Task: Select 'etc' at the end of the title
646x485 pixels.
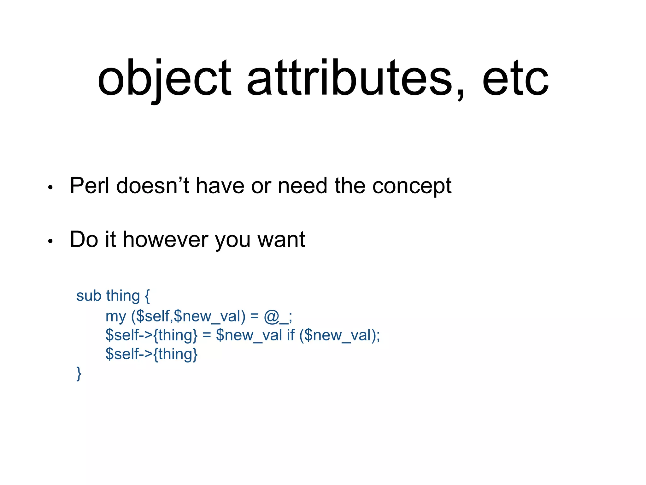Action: [515, 79]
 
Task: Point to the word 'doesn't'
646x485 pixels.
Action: [153, 186]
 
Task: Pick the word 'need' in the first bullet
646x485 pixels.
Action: [302, 186]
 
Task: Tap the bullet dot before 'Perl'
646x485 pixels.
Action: [50, 188]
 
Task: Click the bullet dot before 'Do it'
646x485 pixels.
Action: [50, 242]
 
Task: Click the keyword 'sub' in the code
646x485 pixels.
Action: [89, 296]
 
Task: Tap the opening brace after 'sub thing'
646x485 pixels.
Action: [147, 296]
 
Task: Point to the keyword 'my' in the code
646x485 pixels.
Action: [115, 316]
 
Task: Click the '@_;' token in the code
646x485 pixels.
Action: [278, 316]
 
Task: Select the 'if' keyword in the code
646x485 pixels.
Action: [291, 335]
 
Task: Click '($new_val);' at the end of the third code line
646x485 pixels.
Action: [340, 335]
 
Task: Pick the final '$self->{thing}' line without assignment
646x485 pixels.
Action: [151, 354]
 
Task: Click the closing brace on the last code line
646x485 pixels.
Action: [79, 374]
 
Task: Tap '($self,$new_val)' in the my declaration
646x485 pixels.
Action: [188, 316]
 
